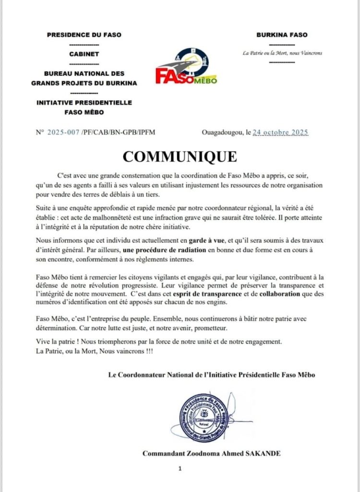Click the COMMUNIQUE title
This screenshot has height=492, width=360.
point(180,157)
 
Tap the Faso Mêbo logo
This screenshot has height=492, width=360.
point(186,67)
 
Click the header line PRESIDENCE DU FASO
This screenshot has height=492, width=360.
point(84,35)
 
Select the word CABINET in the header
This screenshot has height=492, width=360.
point(84,54)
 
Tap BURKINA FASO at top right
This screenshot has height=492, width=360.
point(282,35)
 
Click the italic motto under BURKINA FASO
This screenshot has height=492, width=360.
point(282,52)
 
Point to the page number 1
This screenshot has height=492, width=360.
point(179,468)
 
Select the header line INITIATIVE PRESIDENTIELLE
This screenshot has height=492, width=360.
point(84,103)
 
